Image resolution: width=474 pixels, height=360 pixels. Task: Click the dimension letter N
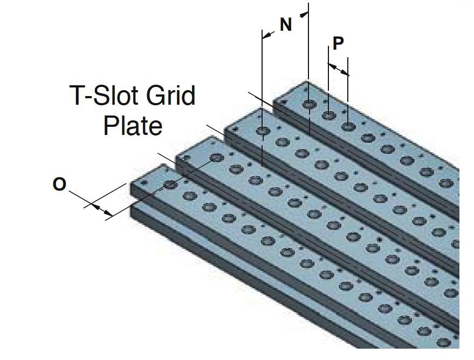tap(286, 24)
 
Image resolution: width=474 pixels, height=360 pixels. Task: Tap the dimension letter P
tap(338, 43)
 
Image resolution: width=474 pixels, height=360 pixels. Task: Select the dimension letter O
tap(59, 185)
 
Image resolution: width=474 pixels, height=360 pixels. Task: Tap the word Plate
tap(133, 126)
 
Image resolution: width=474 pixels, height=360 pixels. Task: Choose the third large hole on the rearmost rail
tap(348, 126)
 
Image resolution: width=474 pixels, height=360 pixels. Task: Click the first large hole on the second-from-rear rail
tap(263, 131)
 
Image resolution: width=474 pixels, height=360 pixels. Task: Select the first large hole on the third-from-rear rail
tap(217, 158)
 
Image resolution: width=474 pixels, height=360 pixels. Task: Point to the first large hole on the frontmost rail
tap(170, 185)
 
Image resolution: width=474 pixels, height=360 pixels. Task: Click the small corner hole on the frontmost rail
tap(144, 184)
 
